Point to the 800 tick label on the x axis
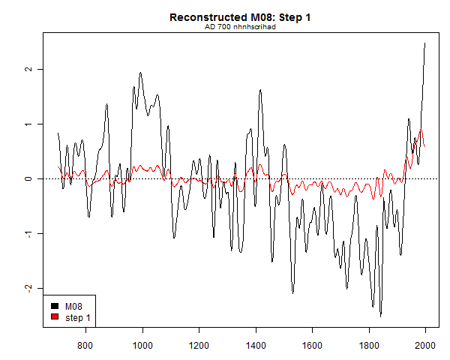(85, 345)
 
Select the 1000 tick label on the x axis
(142, 345)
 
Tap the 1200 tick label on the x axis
(199, 345)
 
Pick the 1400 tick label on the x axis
(256, 345)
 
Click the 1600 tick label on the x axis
(312, 345)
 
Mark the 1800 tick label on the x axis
(369, 345)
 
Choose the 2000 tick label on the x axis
(425, 345)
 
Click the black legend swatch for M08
(55, 306)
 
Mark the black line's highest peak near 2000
(425, 43)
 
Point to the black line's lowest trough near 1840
(380, 316)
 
